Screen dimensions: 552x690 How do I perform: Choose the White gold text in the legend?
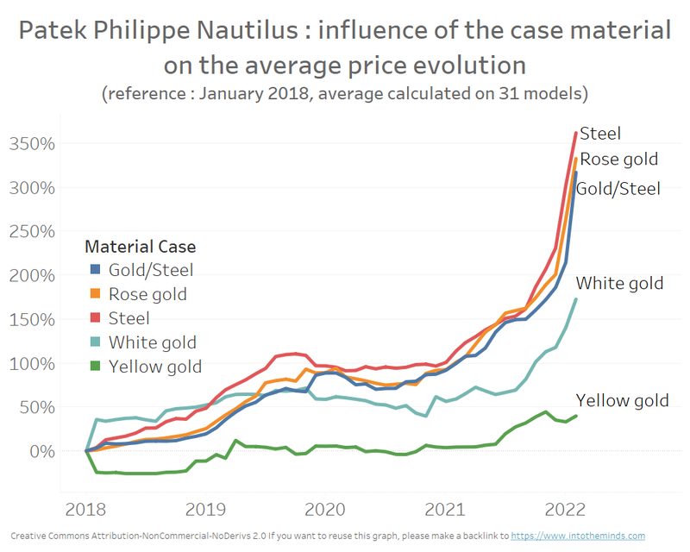click(153, 342)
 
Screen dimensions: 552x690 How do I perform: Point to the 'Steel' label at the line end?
click(600, 134)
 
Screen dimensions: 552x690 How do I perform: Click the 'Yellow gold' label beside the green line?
click(622, 400)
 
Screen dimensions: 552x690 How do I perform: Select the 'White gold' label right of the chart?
click(619, 283)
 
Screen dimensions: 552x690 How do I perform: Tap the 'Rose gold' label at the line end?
click(618, 160)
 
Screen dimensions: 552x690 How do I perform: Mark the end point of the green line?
click(576, 415)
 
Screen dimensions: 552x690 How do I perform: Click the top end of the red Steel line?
click(576, 132)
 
